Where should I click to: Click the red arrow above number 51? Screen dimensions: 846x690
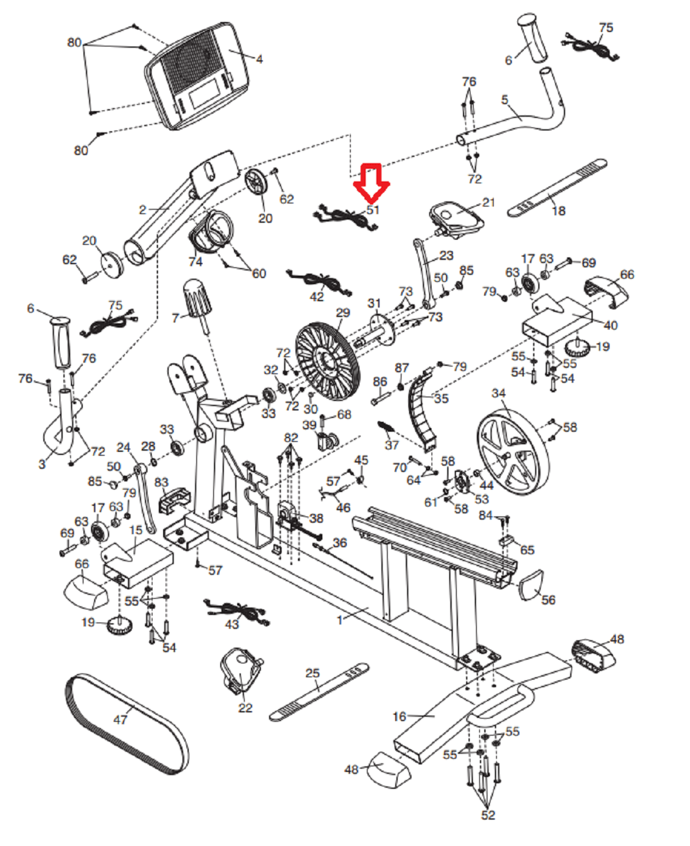[x=371, y=182]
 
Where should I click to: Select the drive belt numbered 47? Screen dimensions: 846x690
[x=125, y=725]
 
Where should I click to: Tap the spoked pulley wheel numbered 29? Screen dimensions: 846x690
[x=327, y=361]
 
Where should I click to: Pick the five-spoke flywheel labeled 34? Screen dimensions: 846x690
[x=512, y=452]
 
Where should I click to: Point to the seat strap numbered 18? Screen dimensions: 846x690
[x=557, y=187]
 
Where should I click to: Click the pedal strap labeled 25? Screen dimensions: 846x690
[x=319, y=690]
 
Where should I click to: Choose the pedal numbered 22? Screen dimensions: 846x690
[x=240, y=670]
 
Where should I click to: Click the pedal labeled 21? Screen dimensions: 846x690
[x=456, y=217]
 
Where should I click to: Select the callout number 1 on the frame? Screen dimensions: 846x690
[x=340, y=619]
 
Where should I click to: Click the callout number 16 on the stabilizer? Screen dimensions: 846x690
[x=400, y=716]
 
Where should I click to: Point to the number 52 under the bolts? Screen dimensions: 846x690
[x=488, y=815]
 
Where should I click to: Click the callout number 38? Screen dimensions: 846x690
[x=316, y=518]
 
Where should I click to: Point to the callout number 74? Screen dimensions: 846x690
[x=195, y=261]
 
